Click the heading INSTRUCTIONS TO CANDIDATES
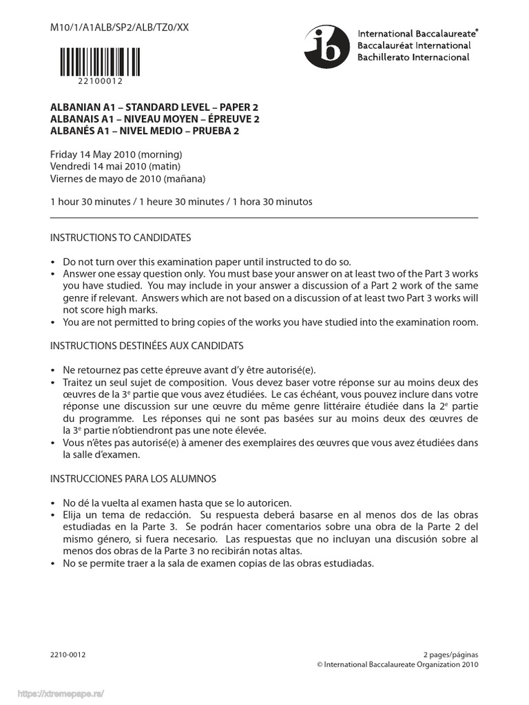(x=121, y=238)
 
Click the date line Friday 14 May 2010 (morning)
(x=116, y=154)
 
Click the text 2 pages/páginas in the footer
(x=450, y=654)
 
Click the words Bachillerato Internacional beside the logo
(x=413, y=58)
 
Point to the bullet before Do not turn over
(x=54, y=262)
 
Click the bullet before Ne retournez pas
(x=54, y=370)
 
